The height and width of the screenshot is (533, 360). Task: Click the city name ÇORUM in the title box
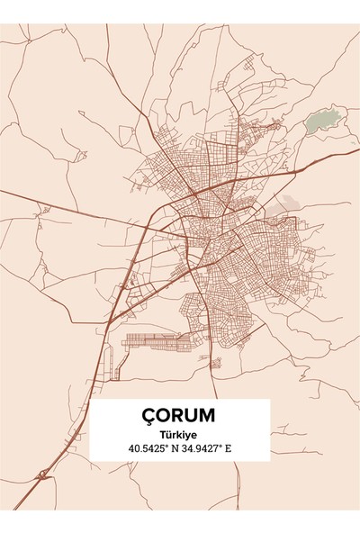coord(178,416)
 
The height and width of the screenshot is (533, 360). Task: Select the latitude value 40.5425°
coord(148,447)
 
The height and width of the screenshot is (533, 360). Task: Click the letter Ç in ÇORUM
coord(149,416)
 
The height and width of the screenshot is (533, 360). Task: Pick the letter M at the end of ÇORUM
coord(206,416)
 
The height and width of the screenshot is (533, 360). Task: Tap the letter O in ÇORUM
coord(164,416)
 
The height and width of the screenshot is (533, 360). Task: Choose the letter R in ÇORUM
coord(177,416)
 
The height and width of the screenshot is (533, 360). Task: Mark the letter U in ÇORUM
coord(191,416)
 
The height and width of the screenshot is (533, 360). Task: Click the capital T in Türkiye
coord(162,433)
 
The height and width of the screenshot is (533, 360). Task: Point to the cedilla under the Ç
coord(149,424)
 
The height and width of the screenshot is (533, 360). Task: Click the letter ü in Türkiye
coord(168,433)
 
